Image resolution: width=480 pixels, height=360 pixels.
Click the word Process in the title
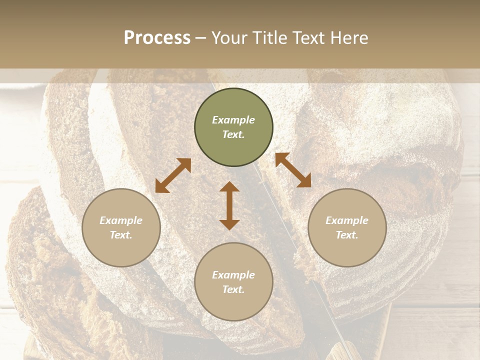[x=157, y=38]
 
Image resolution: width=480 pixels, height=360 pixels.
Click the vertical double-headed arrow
[x=229, y=205]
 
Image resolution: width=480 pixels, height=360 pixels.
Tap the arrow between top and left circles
[x=173, y=175]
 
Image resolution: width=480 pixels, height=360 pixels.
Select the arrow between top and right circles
[x=293, y=170]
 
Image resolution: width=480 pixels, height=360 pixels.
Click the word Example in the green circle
[x=233, y=120]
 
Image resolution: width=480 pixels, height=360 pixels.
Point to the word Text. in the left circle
[x=121, y=235]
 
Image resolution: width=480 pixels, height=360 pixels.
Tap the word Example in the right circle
[x=347, y=220]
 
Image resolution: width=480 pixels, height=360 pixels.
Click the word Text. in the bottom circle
[x=233, y=289]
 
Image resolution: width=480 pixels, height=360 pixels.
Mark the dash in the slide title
[x=201, y=38]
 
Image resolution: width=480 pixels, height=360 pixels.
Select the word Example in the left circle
[x=121, y=220]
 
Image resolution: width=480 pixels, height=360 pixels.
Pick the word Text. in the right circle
[x=347, y=235]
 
